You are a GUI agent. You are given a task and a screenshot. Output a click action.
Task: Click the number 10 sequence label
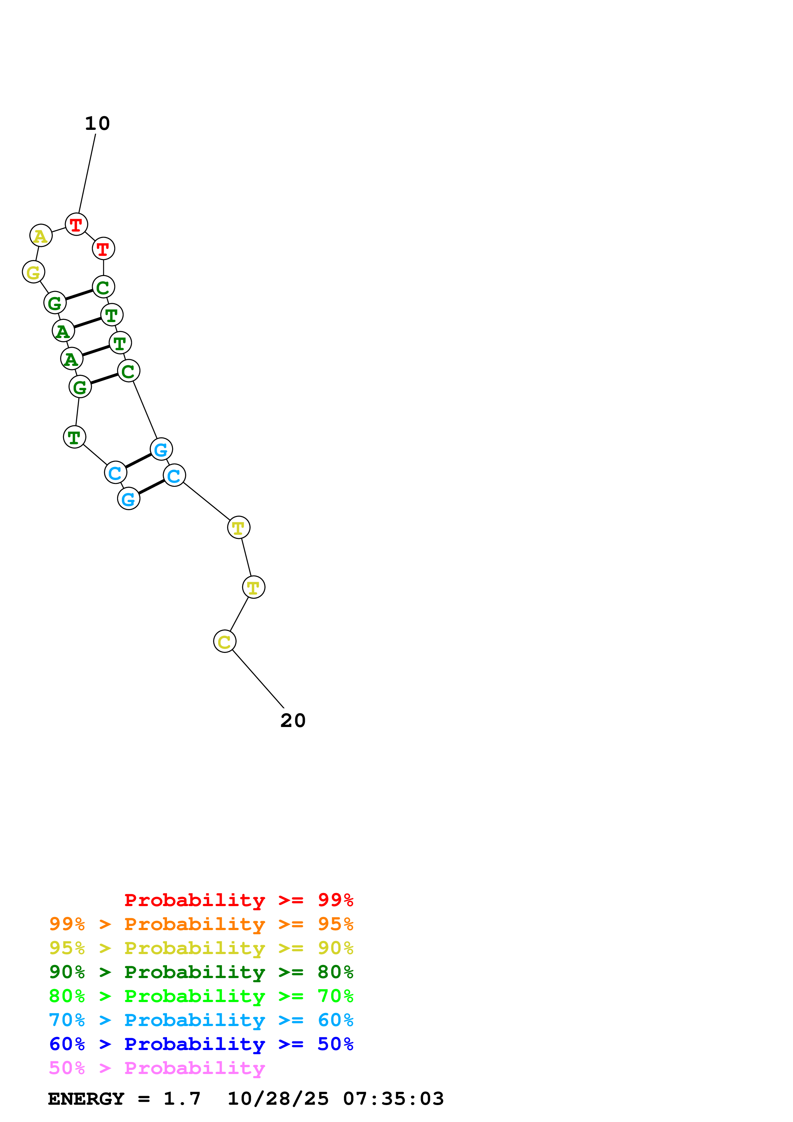(97, 124)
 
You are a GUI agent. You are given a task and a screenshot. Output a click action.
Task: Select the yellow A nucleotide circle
(41, 235)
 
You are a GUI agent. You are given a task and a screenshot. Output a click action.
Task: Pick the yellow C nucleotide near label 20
(225, 641)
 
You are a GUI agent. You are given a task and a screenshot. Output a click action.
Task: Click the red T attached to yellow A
(76, 224)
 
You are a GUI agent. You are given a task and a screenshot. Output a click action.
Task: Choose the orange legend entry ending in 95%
(201, 924)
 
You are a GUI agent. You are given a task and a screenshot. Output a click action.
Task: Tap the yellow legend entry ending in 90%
(201, 948)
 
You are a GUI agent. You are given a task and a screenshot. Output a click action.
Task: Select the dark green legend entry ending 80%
(201, 972)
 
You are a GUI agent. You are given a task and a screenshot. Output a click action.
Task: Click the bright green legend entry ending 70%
(201, 996)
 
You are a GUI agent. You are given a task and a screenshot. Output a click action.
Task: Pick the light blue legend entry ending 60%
(201, 1020)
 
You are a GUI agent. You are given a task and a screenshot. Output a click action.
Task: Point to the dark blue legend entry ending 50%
(201, 1044)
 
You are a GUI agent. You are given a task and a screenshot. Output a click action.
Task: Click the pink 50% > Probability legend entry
(157, 1068)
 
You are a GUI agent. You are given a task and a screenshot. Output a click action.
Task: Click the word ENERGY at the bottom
(86, 1099)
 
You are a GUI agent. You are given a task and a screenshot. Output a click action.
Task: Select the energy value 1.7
(182, 1099)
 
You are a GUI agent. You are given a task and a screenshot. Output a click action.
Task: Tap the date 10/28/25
(278, 1099)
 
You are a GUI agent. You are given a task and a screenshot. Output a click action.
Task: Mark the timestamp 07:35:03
(393, 1099)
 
